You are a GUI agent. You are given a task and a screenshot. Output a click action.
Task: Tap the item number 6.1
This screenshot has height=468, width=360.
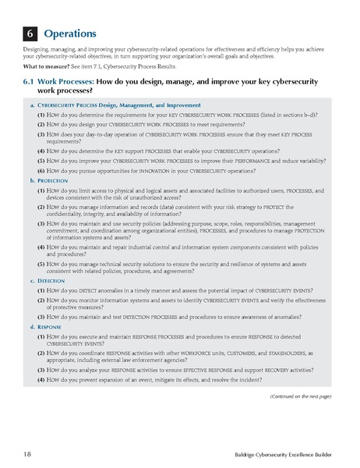tap(34, 81)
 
